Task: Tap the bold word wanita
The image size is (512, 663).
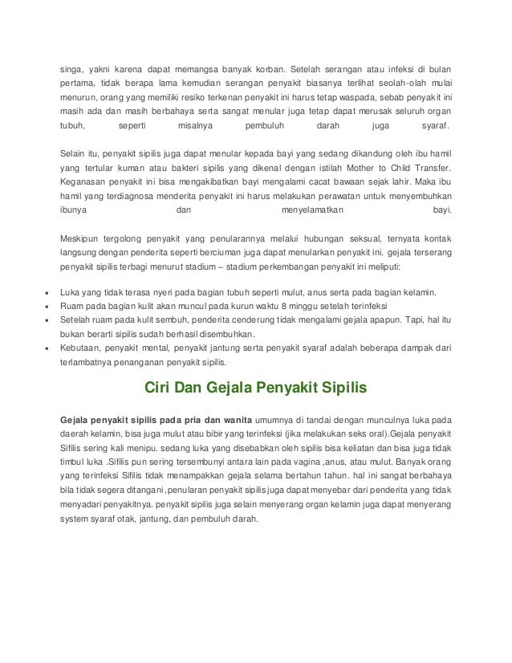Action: point(234,419)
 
